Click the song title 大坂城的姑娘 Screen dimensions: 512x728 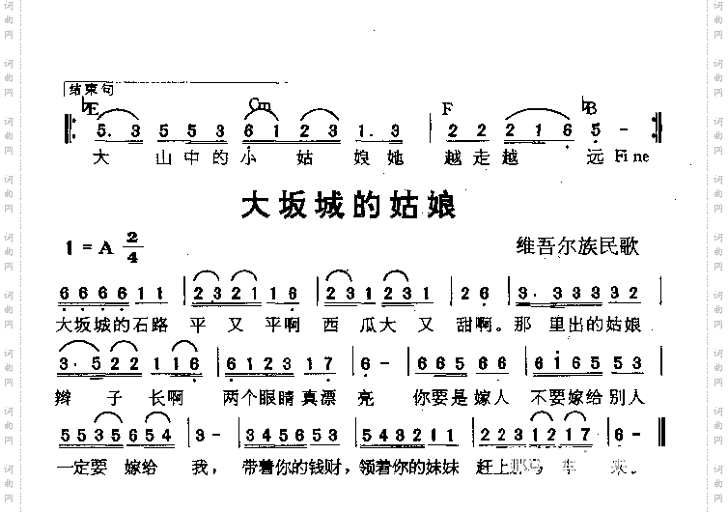tap(348, 206)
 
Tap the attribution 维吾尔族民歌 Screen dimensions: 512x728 tap(577, 248)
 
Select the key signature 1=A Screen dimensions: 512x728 tap(90, 248)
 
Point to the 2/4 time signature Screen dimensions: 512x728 tap(132, 248)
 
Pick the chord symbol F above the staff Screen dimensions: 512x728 tap(447, 108)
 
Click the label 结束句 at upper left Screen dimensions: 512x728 tap(93, 90)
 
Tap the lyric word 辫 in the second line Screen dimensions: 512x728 tap(69, 394)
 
